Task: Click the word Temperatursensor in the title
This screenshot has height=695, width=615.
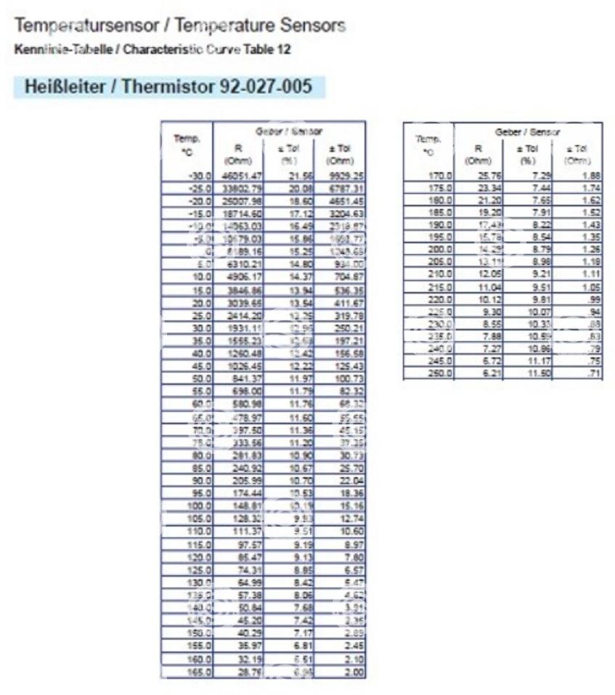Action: (x=69, y=26)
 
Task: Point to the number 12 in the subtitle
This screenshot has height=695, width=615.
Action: (x=286, y=49)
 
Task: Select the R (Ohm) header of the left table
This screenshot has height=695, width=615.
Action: (x=237, y=153)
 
